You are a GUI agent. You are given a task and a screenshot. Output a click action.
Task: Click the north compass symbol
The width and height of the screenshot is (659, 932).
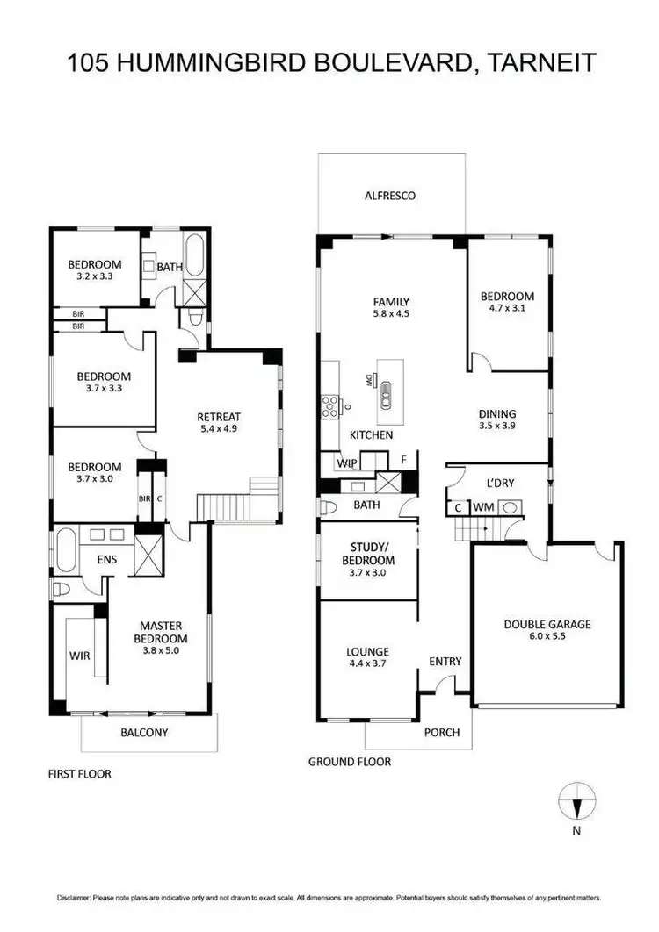pos(577,803)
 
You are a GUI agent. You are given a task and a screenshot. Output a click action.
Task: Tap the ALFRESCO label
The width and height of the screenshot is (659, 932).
pos(390,196)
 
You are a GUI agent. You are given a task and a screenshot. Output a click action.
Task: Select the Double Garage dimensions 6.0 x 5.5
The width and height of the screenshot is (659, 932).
pos(547,637)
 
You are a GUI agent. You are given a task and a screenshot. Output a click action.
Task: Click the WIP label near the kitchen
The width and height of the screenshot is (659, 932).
pos(346,462)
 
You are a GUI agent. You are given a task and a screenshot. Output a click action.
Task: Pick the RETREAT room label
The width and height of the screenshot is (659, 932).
pos(219,417)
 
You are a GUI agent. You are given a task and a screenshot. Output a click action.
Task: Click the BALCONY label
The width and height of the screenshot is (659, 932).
pos(146,733)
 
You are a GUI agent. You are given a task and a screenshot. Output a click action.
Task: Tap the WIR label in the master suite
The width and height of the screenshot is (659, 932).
pos(80,654)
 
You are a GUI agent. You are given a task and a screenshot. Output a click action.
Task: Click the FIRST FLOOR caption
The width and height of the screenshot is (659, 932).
pos(80,774)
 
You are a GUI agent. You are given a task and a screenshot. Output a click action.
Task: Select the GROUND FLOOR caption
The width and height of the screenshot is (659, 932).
pos(350,762)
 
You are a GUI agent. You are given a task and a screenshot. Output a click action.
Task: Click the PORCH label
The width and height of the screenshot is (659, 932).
pos(442,732)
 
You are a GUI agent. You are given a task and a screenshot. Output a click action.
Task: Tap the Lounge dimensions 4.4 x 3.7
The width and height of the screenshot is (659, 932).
pos(367,663)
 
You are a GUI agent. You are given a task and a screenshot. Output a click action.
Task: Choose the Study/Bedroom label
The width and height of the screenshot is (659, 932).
pos(367,555)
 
